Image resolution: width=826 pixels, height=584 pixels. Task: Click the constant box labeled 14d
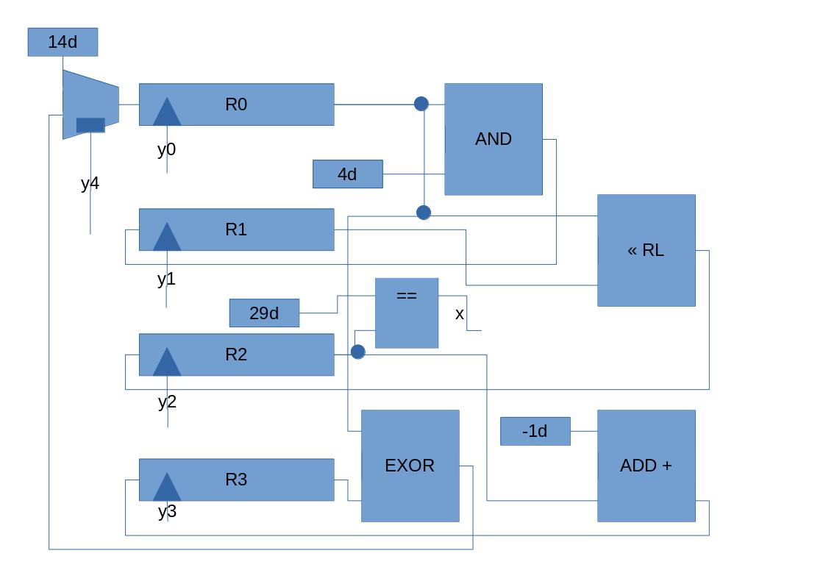click(63, 42)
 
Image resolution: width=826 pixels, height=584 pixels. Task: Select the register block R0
click(236, 104)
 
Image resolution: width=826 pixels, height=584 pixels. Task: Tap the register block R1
click(236, 229)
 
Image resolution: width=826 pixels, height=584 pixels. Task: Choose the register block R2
click(236, 355)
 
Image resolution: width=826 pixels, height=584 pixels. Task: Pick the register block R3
click(236, 480)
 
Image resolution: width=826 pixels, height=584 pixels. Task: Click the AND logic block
click(494, 139)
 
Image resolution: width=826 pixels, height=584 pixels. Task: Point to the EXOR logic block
click(410, 466)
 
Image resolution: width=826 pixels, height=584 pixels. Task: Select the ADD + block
click(646, 466)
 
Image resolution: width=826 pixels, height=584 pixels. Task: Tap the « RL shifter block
click(646, 250)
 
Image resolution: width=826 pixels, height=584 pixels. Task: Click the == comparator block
click(407, 313)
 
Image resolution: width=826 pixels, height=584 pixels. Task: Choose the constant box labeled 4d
click(347, 174)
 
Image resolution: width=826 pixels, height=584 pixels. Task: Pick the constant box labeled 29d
click(264, 313)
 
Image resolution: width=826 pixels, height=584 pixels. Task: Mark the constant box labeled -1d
click(535, 431)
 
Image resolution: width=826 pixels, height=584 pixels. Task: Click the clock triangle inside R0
click(167, 113)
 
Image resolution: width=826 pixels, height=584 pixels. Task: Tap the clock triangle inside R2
click(167, 363)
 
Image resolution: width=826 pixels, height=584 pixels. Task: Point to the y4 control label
click(90, 183)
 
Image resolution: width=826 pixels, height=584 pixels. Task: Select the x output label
click(460, 314)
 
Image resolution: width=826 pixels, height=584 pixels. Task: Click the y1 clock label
click(167, 279)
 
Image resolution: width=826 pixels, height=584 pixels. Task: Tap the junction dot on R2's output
click(357, 352)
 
